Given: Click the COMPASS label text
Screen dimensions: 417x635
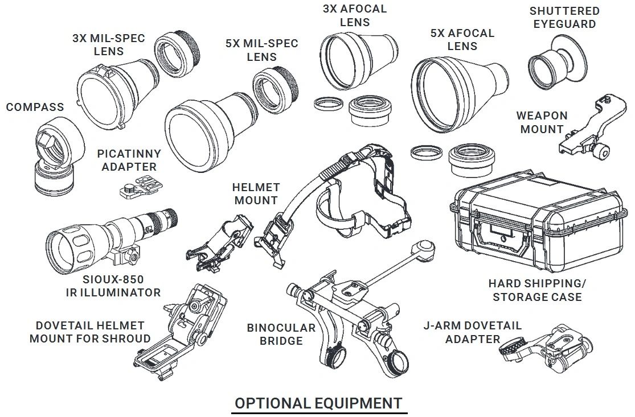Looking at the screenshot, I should pos(35,107).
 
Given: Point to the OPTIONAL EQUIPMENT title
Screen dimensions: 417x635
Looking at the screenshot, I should pos(318,403).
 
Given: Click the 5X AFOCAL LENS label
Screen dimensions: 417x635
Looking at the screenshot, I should pos(462,39).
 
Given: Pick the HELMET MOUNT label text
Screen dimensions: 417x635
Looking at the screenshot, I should pos(256,193).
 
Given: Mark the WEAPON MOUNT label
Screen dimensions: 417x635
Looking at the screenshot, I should pos(542,122).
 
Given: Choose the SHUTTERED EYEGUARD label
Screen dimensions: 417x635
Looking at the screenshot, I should pos(556,18).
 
